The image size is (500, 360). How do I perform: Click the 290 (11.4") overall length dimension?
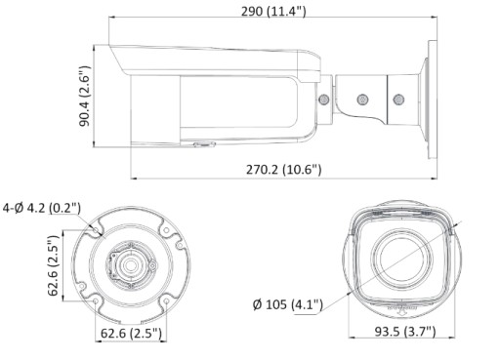point(273,12)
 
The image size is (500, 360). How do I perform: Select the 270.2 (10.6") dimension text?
point(283,170)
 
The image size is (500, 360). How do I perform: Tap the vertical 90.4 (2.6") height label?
point(85,96)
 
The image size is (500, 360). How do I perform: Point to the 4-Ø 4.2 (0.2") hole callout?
point(42,208)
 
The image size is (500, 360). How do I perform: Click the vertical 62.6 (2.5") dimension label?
point(53,265)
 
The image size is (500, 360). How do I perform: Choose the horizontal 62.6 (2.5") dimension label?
point(131,333)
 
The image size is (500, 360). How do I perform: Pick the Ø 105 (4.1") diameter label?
point(288,304)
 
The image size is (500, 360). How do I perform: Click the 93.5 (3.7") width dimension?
point(405,332)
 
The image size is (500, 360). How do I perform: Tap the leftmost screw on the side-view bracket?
point(324,100)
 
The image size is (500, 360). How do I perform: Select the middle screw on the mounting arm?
point(362,100)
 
